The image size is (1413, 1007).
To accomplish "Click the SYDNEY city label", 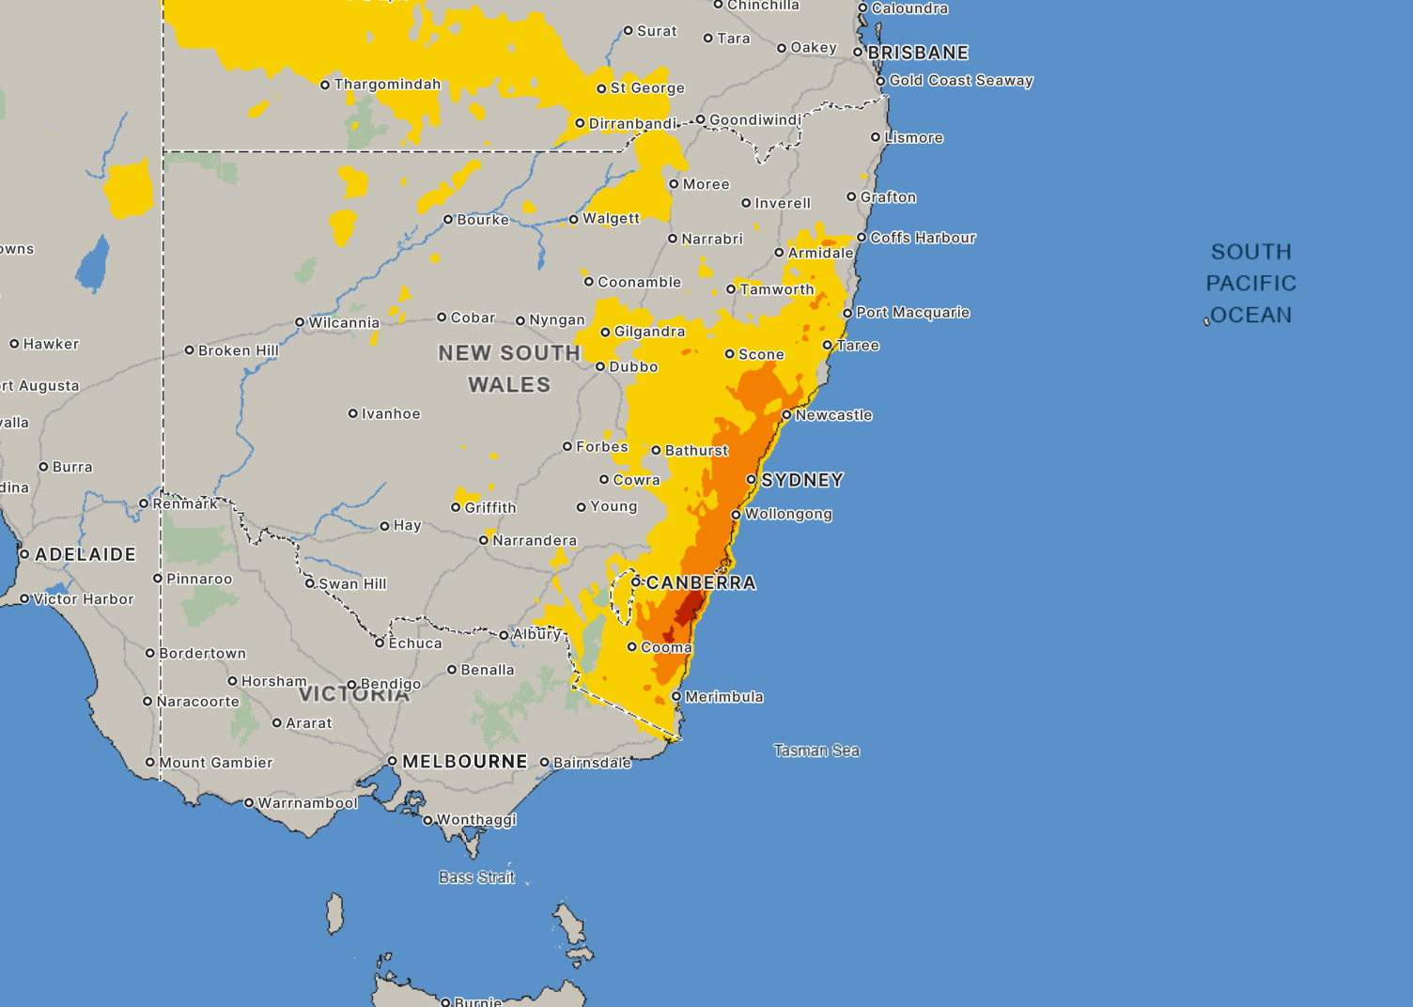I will (x=802, y=480).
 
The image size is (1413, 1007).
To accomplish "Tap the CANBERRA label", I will (x=701, y=582).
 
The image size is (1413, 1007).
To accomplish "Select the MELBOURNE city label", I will (x=465, y=761).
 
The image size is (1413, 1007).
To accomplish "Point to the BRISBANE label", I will (x=918, y=53).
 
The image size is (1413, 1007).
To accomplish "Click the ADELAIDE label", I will (x=85, y=554).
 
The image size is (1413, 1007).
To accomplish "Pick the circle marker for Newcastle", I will (x=787, y=415).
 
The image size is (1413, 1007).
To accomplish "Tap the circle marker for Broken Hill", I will (x=190, y=350).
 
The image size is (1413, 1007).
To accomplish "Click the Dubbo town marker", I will (x=600, y=367).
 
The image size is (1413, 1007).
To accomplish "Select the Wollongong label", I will (x=788, y=514).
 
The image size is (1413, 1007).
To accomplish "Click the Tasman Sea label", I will (x=816, y=750).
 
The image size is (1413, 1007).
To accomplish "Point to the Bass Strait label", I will (x=476, y=876).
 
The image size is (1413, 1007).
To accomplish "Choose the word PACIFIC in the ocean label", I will (x=1251, y=283).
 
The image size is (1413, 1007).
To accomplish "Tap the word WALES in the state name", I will (x=509, y=384).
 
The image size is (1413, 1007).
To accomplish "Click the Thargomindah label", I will (x=387, y=85).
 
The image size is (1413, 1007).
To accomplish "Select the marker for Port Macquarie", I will (x=847, y=313).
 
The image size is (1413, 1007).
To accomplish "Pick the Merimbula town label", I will (x=724, y=697).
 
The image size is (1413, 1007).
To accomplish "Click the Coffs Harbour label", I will (x=923, y=238).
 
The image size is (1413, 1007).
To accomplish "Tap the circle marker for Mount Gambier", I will (x=150, y=763).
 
